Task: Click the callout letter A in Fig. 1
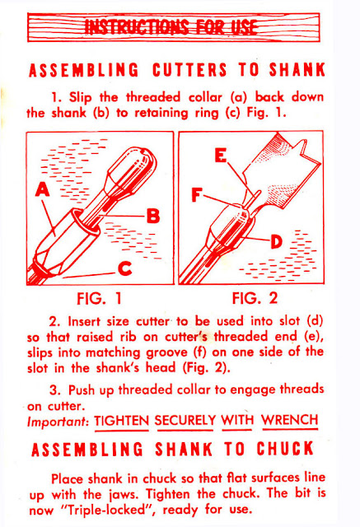click(43, 189)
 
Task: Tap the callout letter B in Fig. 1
click(153, 216)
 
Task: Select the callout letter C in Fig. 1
click(125, 269)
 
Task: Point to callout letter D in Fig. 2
click(276, 241)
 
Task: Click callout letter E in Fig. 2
click(221, 156)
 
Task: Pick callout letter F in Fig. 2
click(197, 195)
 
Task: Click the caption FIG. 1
click(99, 298)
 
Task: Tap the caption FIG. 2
click(255, 298)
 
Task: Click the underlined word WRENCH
click(290, 420)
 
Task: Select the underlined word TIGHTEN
click(122, 421)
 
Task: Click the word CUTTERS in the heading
click(190, 70)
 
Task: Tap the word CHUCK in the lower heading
click(285, 448)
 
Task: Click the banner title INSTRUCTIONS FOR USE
click(171, 27)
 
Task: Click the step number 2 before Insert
click(55, 322)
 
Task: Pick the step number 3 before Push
click(55, 390)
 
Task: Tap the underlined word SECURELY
click(185, 421)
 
